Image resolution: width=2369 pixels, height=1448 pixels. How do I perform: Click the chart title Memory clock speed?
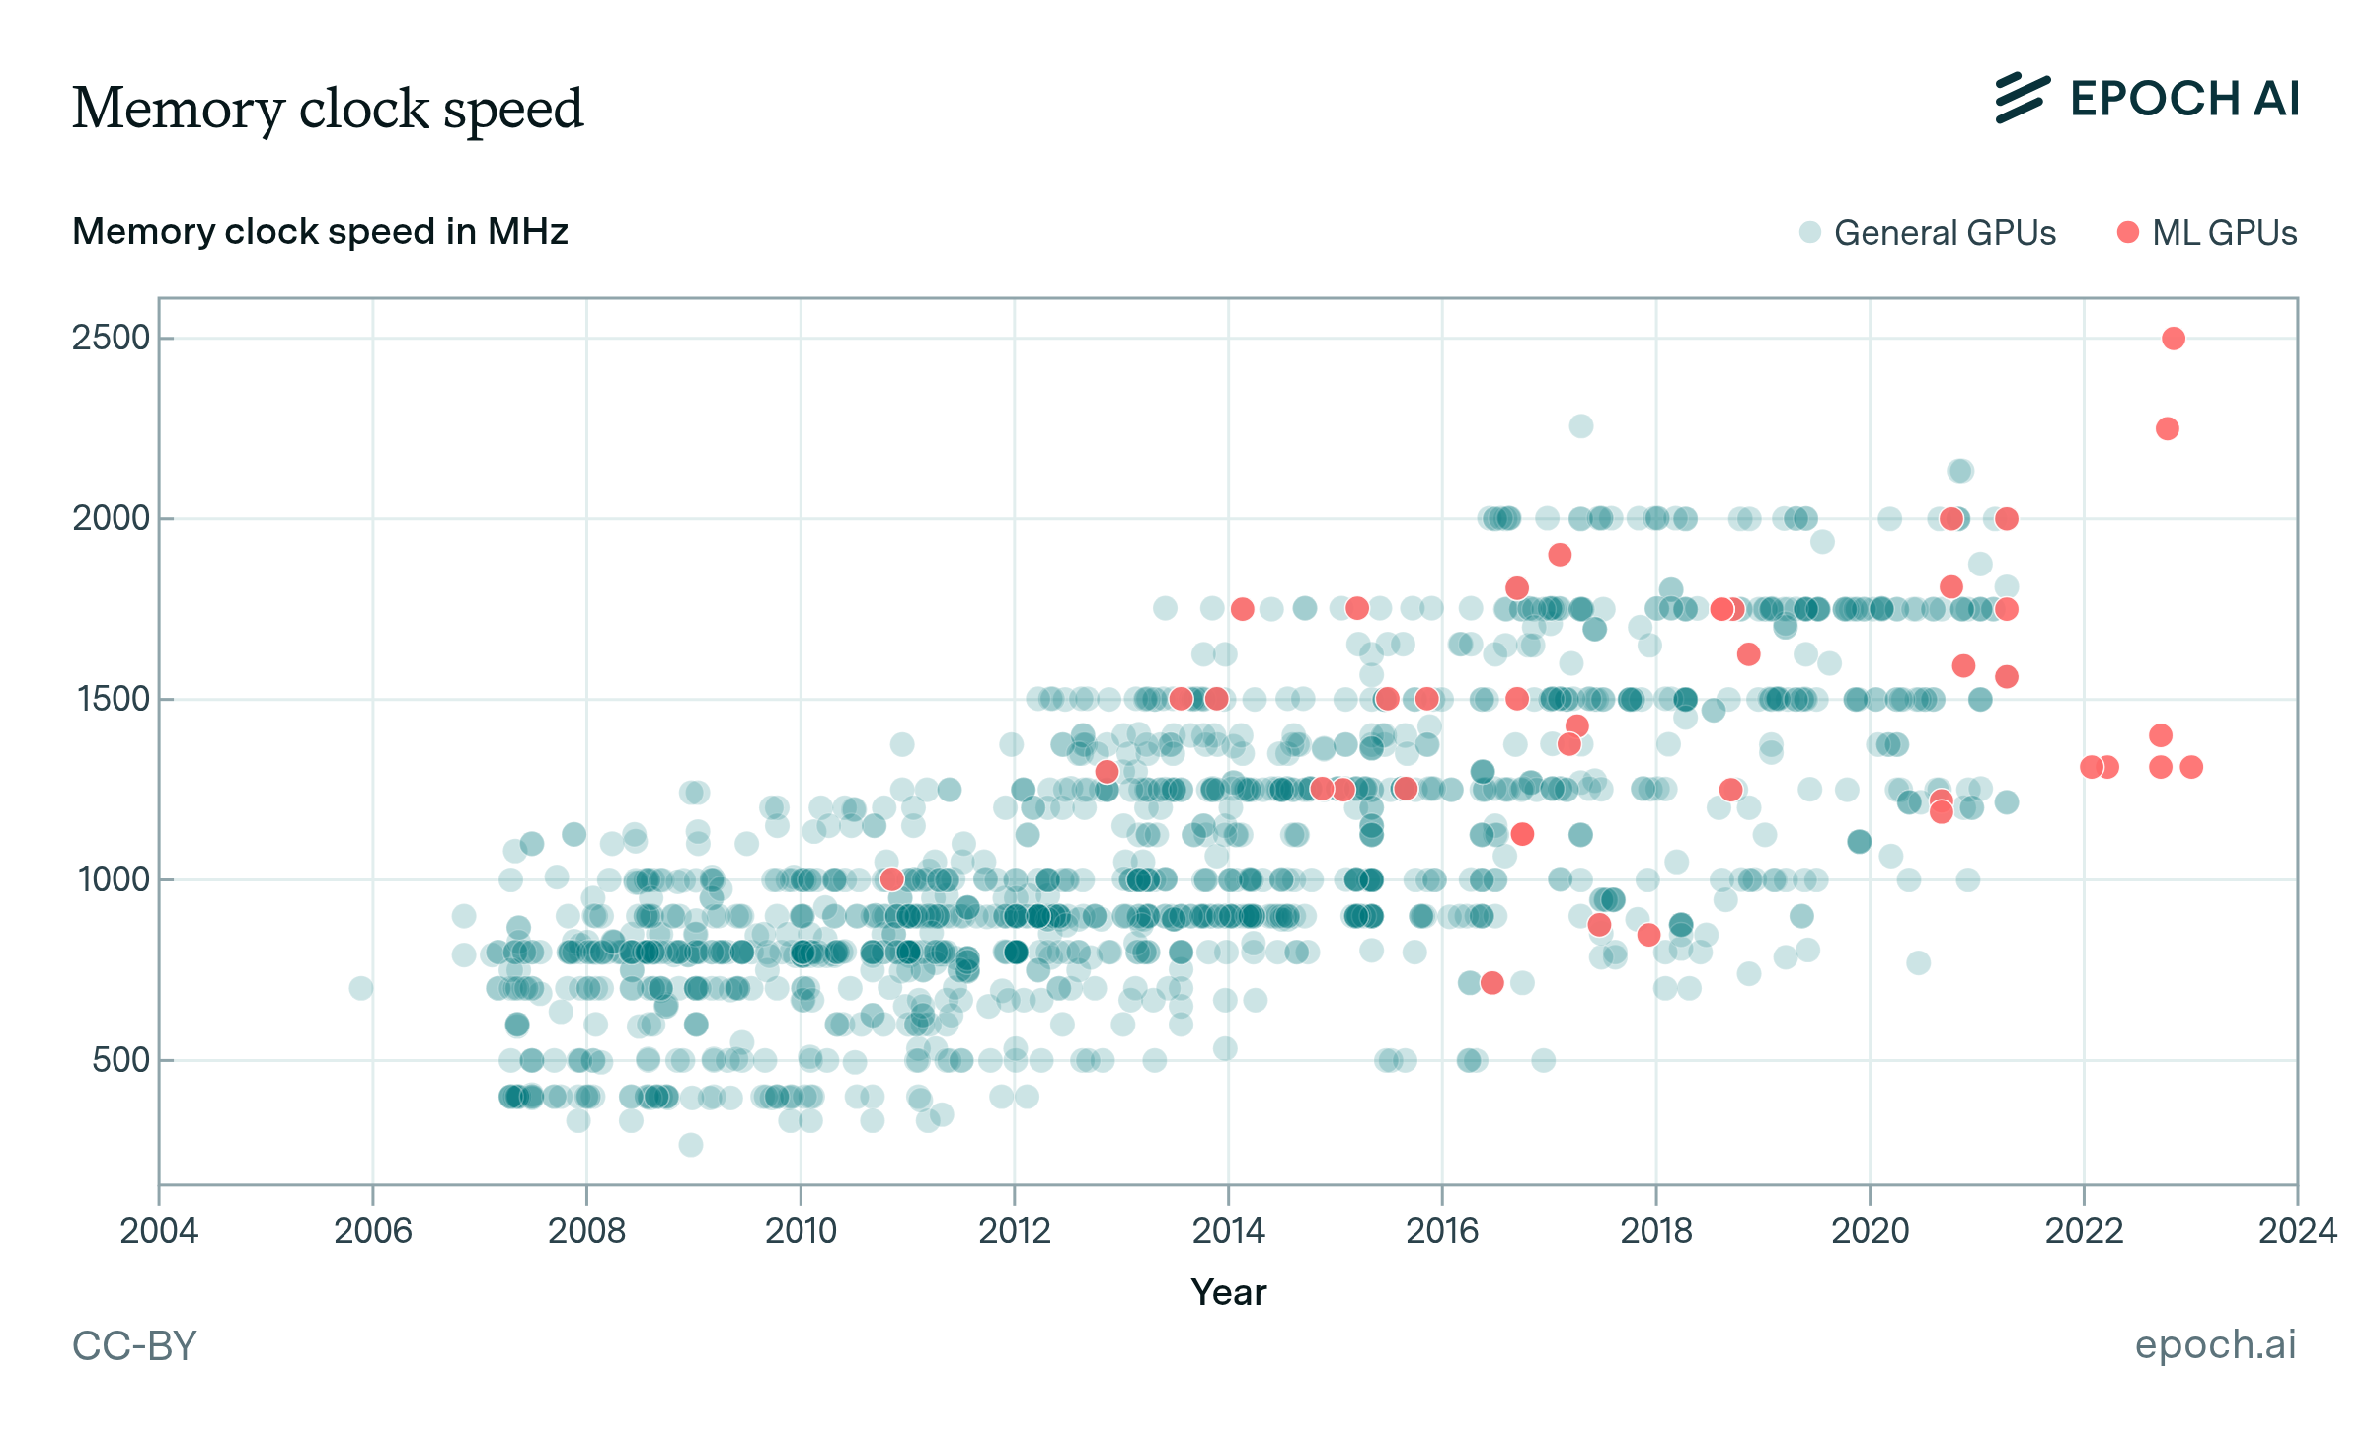(x=328, y=109)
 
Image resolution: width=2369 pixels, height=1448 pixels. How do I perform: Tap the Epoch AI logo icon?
(x=2022, y=99)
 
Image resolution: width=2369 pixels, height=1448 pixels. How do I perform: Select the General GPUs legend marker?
(x=1809, y=232)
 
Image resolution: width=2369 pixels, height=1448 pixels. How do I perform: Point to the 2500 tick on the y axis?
(x=111, y=339)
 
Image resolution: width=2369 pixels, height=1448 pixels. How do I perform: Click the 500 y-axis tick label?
(x=120, y=1060)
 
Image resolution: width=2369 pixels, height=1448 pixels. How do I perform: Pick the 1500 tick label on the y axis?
(x=113, y=700)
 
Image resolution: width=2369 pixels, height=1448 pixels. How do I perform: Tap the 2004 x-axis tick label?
(x=159, y=1231)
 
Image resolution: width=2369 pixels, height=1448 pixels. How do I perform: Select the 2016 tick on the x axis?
(x=1442, y=1231)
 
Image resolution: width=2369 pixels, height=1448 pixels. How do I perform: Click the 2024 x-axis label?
(x=2297, y=1231)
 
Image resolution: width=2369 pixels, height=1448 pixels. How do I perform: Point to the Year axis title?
(x=1228, y=1292)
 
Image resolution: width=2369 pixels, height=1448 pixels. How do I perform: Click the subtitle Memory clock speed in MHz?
(x=320, y=232)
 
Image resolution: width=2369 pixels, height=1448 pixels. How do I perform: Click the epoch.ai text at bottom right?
(x=2215, y=1344)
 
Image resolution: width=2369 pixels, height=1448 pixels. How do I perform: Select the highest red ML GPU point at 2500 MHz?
(x=2173, y=339)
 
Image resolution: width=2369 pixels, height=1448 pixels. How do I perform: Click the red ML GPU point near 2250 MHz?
(x=2167, y=428)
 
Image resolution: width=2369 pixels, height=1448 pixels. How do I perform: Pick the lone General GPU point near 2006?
(x=361, y=988)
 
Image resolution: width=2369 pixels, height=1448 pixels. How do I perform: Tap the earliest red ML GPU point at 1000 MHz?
(x=891, y=878)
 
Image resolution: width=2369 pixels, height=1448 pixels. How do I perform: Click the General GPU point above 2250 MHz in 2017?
(x=1580, y=426)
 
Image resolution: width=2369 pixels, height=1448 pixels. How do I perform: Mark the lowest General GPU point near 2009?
(x=691, y=1145)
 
